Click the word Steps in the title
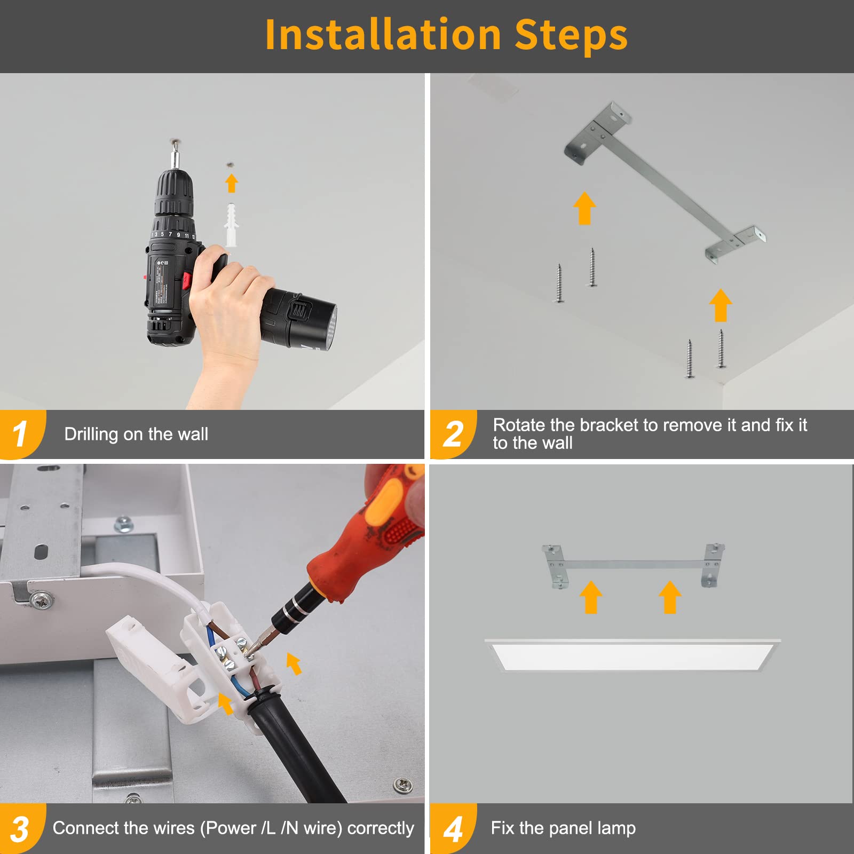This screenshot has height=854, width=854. [571, 35]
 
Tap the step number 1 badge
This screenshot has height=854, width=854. [21, 434]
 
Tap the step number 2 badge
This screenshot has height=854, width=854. [453, 434]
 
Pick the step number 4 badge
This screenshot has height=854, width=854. [453, 829]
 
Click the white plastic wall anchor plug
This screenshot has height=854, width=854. [231, 225]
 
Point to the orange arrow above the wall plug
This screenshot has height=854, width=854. [231, 183]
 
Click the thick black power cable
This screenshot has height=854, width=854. [299, 747]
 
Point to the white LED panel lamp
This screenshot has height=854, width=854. [632, 654]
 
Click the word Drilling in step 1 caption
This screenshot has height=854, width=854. [91, 434]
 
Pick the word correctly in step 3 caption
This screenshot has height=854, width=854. [381, 829]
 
